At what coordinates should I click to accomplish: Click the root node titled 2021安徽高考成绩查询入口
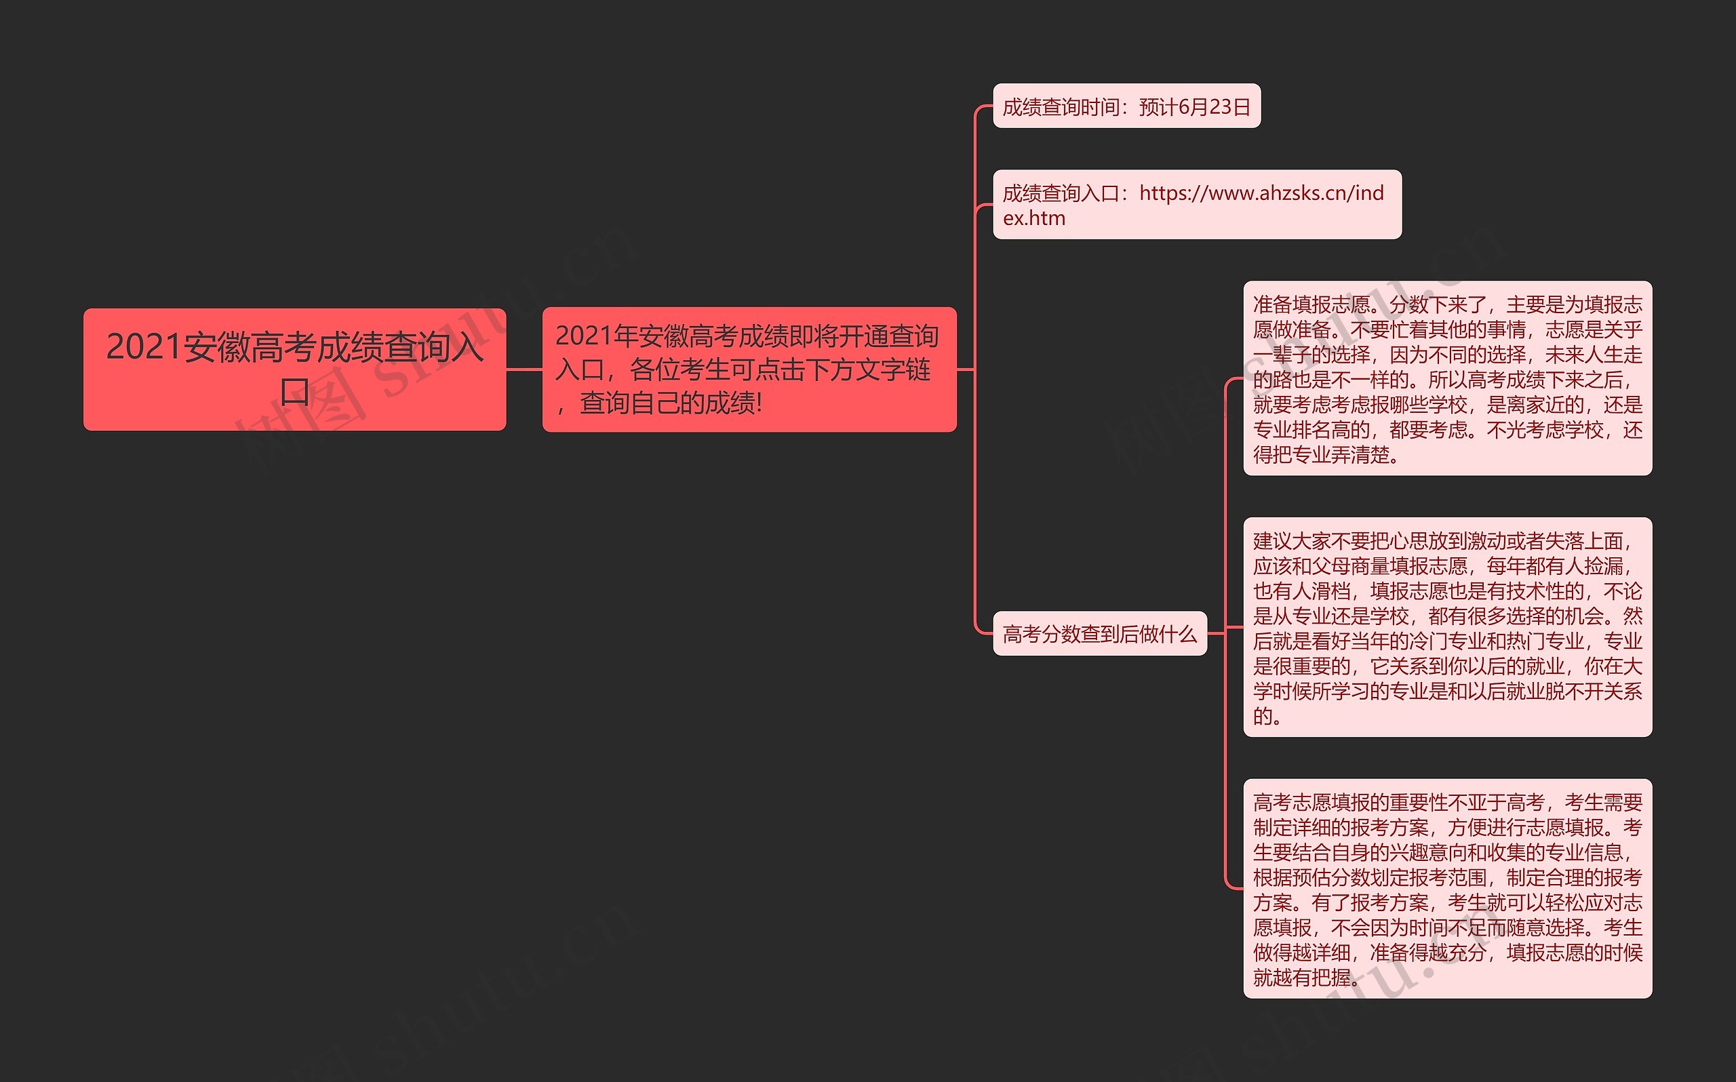coord(294,369)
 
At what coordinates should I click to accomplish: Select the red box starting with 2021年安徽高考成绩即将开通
coord(749,369)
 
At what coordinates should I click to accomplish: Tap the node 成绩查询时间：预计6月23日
coord(1126,106)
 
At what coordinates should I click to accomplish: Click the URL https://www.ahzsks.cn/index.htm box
coord(1197,205)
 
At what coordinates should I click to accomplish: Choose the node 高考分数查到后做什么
coord(1100,633)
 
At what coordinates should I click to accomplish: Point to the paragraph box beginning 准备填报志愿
coord(1448,378)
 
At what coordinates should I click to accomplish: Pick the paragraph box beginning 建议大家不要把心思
coord(1448,628)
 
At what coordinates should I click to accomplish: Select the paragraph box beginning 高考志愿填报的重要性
coord(1448,889)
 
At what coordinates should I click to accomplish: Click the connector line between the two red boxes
coord(524,369)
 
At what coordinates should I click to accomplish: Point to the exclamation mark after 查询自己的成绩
coord(759,403)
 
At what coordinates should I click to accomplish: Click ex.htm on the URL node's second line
coord(1034,218)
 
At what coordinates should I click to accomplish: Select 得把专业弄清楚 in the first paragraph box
coord(1321,454)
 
